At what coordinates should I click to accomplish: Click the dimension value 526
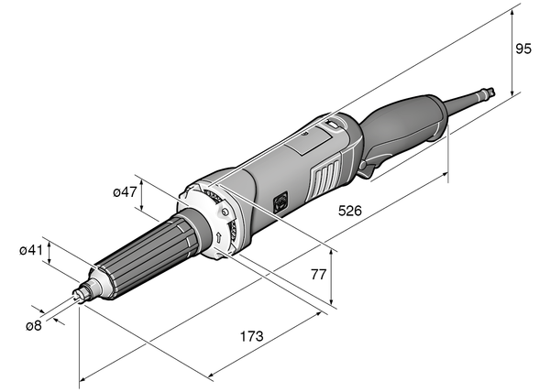pos(350,211)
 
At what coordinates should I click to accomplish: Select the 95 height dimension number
pos(523,49)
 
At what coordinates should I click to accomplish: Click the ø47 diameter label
pos(125,192)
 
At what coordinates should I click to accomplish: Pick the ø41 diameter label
pos(30,249)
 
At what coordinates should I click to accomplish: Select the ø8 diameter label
pos(33,324)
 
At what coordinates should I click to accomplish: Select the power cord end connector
pos(493,91)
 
